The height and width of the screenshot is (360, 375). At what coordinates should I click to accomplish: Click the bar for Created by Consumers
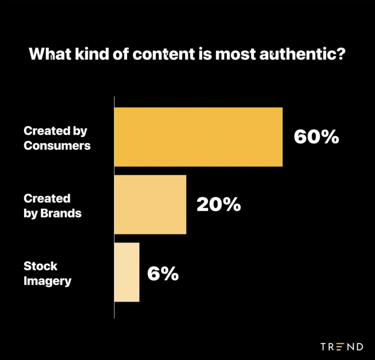(x=198, y=137)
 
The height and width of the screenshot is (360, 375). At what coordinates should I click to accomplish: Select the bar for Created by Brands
(x=150, y=205)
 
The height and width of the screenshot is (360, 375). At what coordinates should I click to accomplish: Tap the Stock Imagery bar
(x=127, y=272)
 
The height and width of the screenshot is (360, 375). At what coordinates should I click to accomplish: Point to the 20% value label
(x=219, y=205)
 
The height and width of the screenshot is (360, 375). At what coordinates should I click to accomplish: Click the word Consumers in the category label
(x=57, y=146)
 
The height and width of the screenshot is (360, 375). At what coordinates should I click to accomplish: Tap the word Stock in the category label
(x=40, y=266)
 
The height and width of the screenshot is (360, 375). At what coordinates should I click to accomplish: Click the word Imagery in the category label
(x=47, y=281)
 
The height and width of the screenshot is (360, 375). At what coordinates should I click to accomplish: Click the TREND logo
(x=342, y=346)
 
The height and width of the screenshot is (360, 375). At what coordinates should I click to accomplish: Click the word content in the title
(x=163, y=54)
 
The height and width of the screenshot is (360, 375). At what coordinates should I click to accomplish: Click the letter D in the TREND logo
(x=359, y=346)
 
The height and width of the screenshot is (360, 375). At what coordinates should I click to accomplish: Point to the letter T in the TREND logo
(x=324, y=346)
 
